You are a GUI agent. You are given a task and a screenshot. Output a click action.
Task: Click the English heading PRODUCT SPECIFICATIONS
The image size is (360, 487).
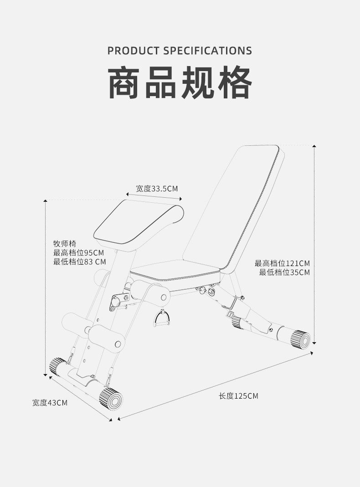(180, 51)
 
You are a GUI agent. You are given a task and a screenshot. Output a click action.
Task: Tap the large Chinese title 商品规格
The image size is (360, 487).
(180, 82)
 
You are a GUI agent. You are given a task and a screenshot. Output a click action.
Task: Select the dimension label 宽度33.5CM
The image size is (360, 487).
(157, 189)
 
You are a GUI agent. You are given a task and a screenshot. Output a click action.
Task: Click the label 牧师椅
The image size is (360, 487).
(64, 243)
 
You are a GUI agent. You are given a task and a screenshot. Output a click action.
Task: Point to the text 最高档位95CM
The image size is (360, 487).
(78, 252)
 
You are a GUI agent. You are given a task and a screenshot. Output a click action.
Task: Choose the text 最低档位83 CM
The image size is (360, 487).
(79, 262)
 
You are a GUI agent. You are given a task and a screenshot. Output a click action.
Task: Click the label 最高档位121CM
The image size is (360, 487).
(283, 263)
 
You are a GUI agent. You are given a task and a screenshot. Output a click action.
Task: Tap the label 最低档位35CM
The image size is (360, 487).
(284, 272)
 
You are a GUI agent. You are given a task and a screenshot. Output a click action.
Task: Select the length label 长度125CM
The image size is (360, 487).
(238, 396)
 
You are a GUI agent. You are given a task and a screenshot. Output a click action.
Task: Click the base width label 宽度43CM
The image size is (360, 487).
(50, 403)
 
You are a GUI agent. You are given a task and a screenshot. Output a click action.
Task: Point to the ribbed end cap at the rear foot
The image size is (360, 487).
(301, 340)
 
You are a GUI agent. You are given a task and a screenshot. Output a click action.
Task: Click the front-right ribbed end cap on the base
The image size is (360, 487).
(111, 399)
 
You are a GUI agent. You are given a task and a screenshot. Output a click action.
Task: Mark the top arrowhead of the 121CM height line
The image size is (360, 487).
(314, 146)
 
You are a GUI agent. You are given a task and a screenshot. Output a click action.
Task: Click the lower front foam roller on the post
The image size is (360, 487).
(106, 339)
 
